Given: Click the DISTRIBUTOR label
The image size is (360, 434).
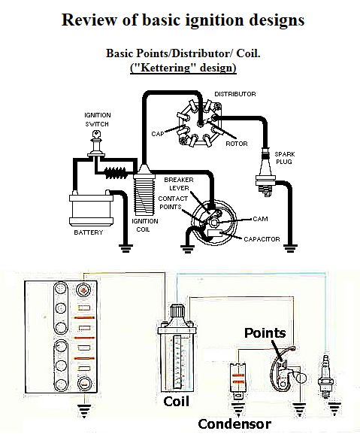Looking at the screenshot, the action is point(235,94).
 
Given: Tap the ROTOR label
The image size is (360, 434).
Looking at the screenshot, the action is point(237,144).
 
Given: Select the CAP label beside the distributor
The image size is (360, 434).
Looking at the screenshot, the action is point(158,134).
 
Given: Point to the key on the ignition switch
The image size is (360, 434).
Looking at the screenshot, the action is point(96,135).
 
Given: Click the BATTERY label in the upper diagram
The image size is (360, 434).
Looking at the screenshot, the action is point(89,232).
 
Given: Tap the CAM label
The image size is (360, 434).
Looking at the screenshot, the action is point(260,219).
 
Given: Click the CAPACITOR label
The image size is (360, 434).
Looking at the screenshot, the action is point(262,239).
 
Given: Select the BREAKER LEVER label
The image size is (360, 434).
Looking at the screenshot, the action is point(179,184).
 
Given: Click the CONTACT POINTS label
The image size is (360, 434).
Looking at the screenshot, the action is point(173,202).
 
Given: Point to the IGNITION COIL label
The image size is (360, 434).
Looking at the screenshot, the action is point(144,226).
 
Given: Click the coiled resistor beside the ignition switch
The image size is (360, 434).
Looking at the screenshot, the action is point(116,173).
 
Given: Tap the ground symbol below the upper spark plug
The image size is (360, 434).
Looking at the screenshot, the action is point(290,248).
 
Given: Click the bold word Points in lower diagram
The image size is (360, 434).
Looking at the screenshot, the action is point(265,333).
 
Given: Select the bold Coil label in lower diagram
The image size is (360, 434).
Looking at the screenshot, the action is point(176,402).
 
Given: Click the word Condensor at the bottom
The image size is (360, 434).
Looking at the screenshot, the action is point(234,423).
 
